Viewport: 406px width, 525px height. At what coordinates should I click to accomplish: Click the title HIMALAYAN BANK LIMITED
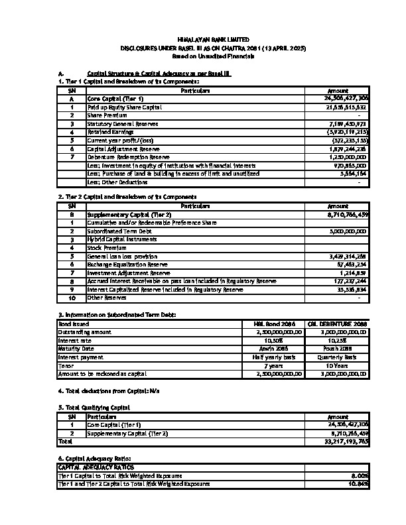(x=203, y=40)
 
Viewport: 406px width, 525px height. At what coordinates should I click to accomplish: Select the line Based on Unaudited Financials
(x=203, y=58)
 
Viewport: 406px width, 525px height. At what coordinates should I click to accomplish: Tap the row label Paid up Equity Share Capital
(x=125, y=107)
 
